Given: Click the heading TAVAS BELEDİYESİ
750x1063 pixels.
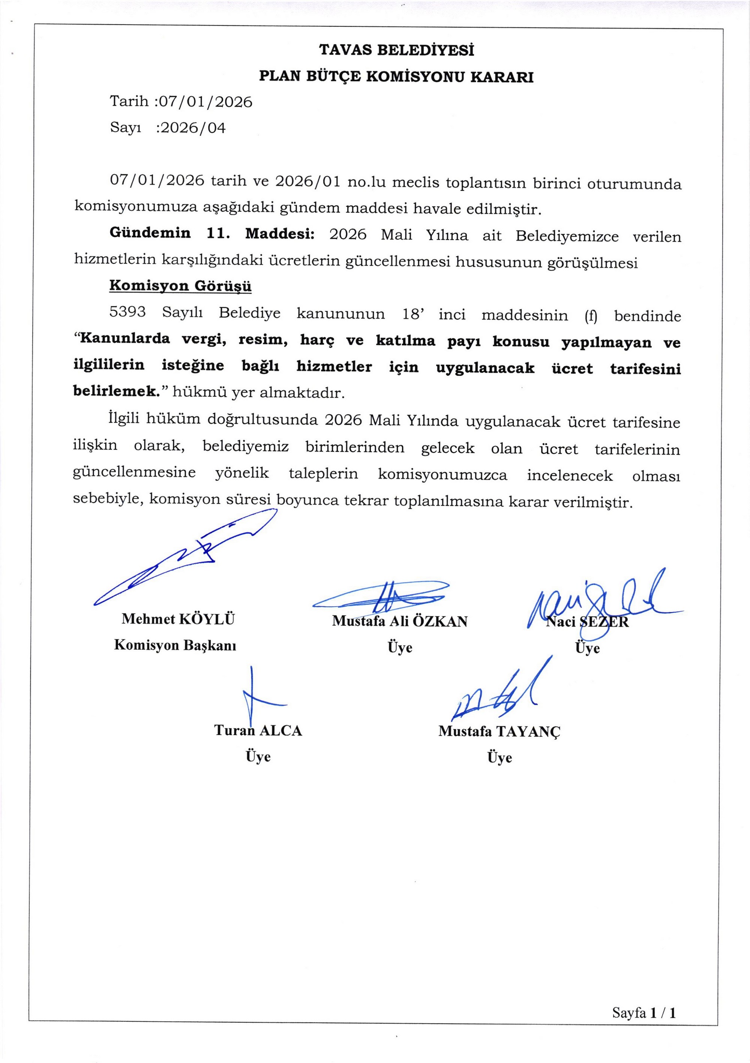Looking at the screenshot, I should click(x=396, y=50).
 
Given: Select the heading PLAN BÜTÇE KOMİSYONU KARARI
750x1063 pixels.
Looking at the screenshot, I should click(x=396, y=77).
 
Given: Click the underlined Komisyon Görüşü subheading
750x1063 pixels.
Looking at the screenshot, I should click(x=180, y=286).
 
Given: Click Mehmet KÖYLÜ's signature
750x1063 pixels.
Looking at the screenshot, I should click(x=185, y=558).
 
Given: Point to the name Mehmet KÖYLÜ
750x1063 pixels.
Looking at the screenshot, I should click(x=178, y=619).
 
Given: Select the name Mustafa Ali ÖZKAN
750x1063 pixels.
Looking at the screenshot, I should click(x=399, y=621).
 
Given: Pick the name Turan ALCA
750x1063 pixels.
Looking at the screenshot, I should click(x=258, y=730).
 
